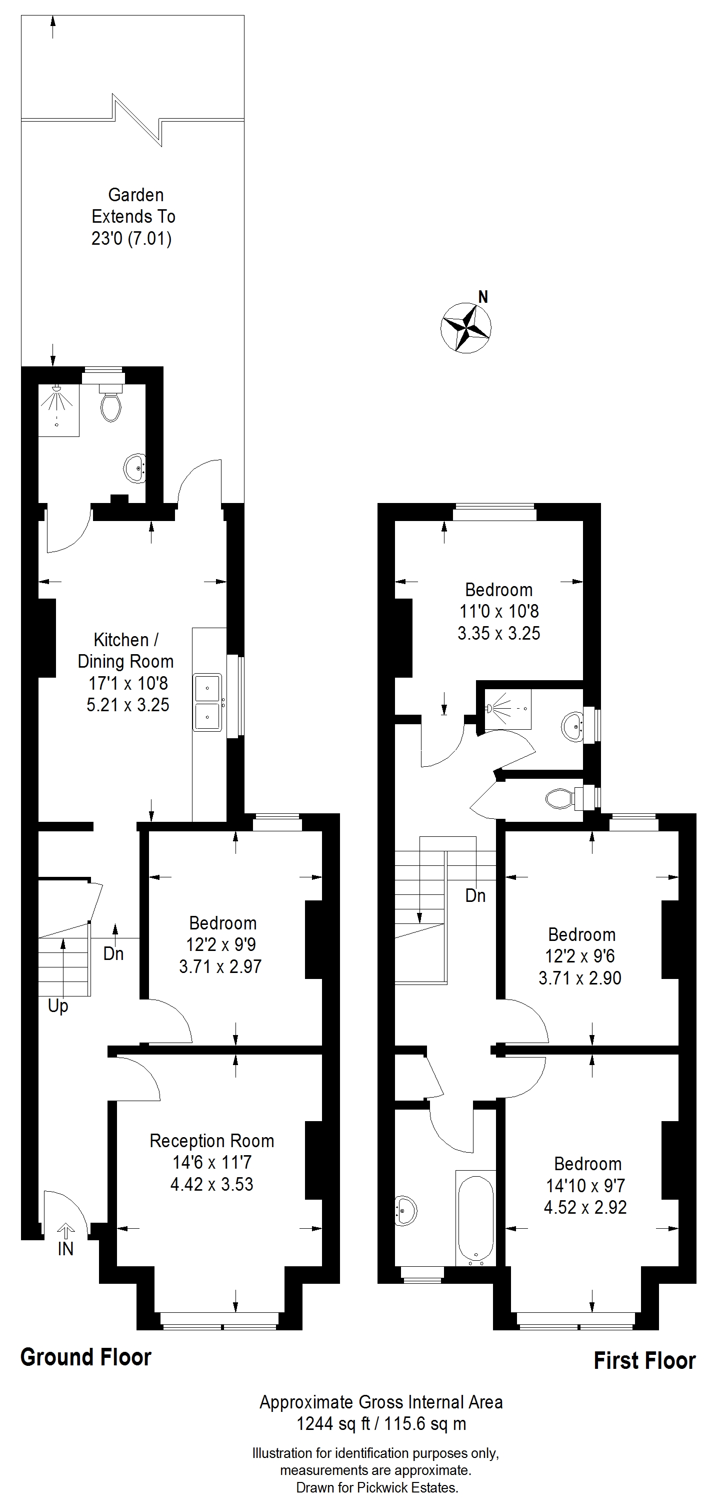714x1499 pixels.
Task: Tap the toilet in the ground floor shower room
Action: [x=111, y=401]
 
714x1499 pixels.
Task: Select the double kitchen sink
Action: [x=207, y=702]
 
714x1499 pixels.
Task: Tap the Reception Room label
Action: [x=211, y=1141]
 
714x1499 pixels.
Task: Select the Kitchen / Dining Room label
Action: [x=125, y=651]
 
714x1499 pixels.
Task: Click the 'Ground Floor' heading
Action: [x=86, y=1357]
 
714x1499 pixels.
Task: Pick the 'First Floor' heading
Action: [x=644, y=1361]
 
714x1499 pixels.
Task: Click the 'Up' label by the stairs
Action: [x=58, y=1006]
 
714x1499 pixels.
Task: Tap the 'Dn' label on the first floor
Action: [x=475, y=895]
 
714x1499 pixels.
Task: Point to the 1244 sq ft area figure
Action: [x=333, y=1424]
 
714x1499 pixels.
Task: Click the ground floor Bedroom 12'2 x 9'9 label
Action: [x=221, y=945]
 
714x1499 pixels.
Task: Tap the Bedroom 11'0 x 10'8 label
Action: [x=499, y=612]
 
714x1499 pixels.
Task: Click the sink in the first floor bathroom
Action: [x=406, y=1211]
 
